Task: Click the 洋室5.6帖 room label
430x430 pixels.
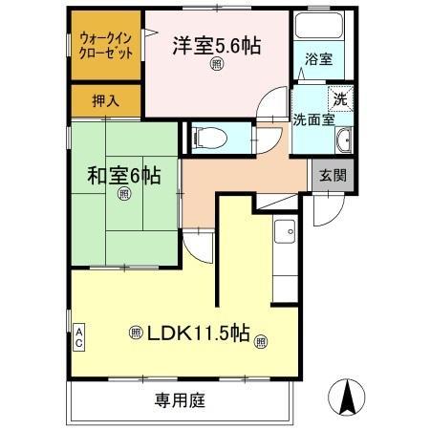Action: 217,44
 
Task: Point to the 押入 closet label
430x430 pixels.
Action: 105,99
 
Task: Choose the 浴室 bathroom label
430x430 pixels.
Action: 319,59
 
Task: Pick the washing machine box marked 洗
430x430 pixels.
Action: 339,97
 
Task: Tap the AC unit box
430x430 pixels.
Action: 79,336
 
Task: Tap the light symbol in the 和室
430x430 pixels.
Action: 124,194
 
